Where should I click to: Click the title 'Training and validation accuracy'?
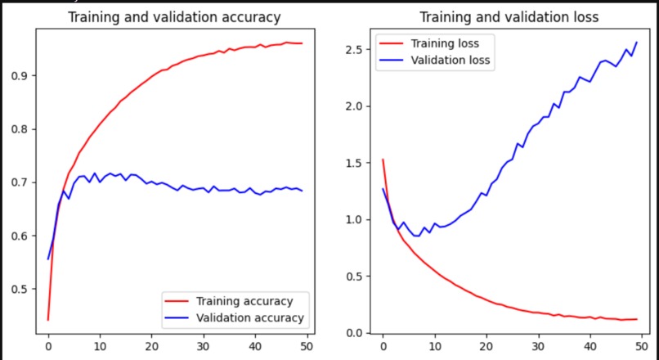click(173, 17)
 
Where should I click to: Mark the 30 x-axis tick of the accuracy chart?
click(204, 346)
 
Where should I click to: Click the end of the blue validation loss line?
click(636, 43)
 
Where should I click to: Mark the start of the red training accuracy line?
click(48, 320)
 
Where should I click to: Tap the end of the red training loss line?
click(636, 319)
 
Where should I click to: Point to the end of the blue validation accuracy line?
click(302, 191)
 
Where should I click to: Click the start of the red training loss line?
click(383, 160)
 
